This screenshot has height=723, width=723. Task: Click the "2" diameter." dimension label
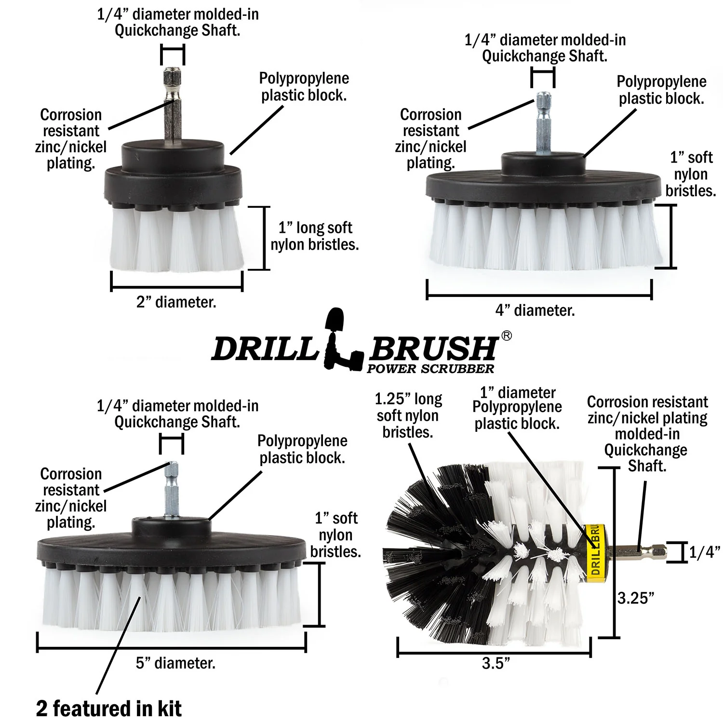pyautogui.click(x=176, y=303)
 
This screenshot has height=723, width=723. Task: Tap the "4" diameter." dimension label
pyautogui.click(x=535, y=310)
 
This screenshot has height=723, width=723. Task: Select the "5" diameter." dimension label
pyautogui.click(x=175, y=663)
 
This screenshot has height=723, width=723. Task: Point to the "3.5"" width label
pyautogui.click(x=495, y=663)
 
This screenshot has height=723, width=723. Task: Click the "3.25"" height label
pyautogui.click(x=636, y=598)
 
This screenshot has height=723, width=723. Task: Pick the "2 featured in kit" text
pyautogui.click(x=109, y=709)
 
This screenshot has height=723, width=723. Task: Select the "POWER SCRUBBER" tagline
pyautogui.click(x=430, y=369)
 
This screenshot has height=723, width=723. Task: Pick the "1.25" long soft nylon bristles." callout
pyautogui.click(x=408, y=415)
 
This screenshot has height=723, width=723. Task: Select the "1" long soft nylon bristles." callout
pyautogui.click(x=315, y=236)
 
